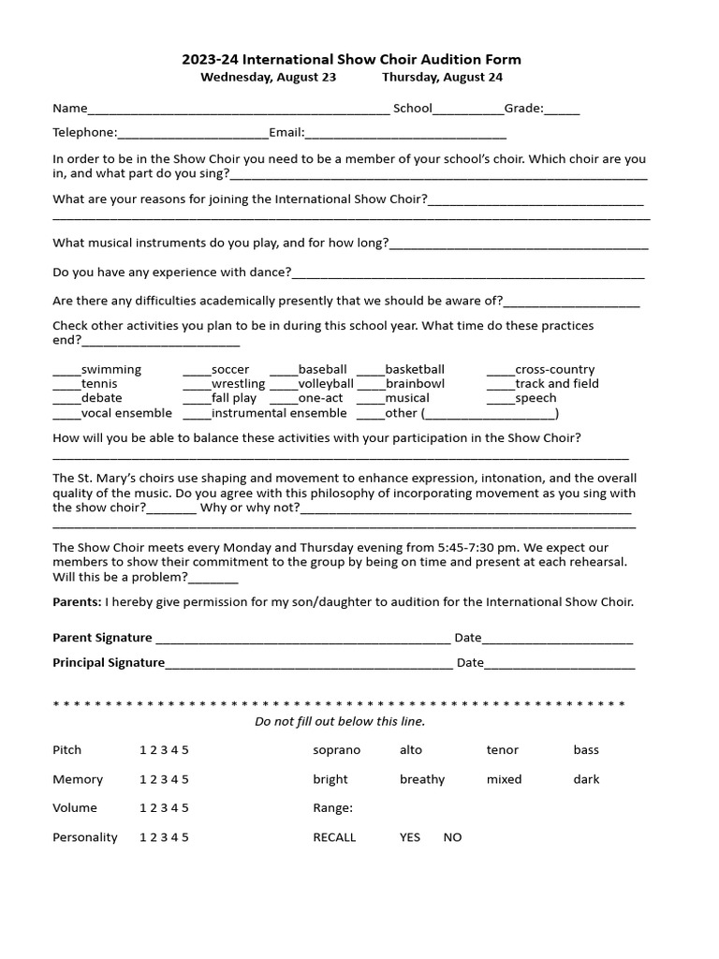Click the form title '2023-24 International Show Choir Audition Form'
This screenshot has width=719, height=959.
point(351,60)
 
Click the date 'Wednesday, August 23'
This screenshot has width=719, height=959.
point(268,77)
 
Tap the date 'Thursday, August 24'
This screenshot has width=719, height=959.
point(442,77)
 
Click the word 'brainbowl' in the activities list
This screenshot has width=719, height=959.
point(415,384)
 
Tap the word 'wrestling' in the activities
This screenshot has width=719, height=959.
point(238,384)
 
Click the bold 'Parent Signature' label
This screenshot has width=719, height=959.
point(102,638)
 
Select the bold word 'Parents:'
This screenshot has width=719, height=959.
point(77,602)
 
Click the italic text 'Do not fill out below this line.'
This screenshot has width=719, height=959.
point(340,721)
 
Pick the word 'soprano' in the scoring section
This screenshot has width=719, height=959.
point(336,750)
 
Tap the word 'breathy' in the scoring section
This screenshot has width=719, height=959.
point(422,779)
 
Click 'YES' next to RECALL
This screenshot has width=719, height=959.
point(410,837)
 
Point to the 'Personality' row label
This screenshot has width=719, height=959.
point(85,837)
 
